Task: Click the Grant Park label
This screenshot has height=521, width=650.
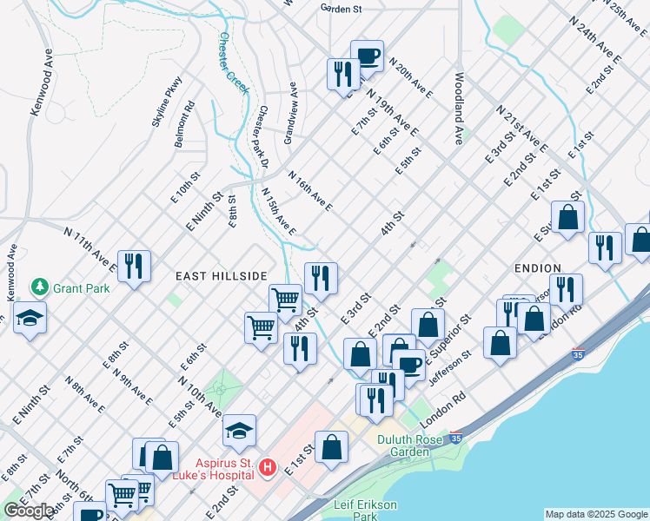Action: coord(80,287)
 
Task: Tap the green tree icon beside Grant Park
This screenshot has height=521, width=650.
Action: coord(38,287)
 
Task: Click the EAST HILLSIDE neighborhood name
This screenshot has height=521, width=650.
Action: coord(221,276)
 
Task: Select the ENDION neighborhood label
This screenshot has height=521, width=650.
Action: coord(537,268)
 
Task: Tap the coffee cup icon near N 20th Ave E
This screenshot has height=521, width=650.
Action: coord(367,56)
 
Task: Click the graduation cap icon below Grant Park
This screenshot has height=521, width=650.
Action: coord(30,318)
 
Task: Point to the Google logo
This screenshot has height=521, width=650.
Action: coord(29,510)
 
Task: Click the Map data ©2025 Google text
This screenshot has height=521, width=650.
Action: coord(595,514)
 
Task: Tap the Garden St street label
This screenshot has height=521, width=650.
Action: coord(340,9)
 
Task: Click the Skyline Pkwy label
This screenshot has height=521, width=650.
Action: coord(167,101)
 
